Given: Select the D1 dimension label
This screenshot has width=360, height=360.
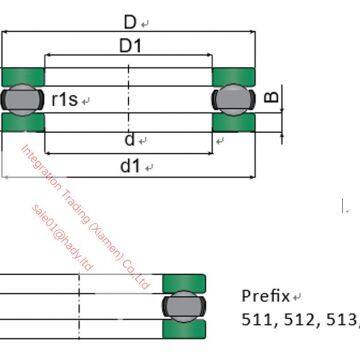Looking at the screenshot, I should click(131, 47).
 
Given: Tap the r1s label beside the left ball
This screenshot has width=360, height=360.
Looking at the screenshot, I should click(66, 99).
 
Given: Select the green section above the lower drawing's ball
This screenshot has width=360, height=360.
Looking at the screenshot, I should click(185, 282).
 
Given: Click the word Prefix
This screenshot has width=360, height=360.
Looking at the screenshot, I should click(266, 296).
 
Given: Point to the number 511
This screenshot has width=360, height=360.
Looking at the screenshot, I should click(258, 321).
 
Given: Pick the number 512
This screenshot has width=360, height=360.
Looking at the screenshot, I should click(298, 321).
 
